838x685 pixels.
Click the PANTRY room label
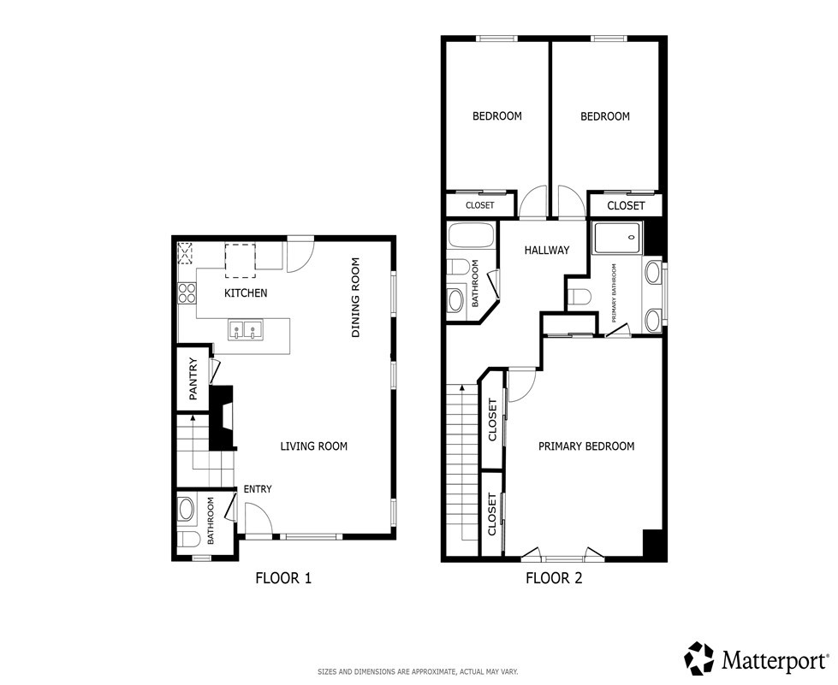pos(193,378)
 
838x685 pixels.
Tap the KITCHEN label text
pos(246,293)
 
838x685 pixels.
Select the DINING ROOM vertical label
pos(357,298)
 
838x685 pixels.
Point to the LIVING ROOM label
pos(314,446)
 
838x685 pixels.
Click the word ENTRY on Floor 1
pos(258,489)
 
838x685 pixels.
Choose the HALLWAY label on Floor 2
pos(547,251)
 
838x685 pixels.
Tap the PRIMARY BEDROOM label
pos(585,446)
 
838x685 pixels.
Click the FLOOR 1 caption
pos(283,578)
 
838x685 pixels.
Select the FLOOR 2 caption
pos(554,578)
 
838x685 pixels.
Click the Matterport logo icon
pos(699,658)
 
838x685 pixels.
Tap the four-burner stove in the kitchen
pos(187,294)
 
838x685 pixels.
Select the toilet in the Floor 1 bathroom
pos(187,539)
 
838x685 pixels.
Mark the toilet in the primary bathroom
pos(579,298)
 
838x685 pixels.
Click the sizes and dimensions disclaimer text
pos(418,672)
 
